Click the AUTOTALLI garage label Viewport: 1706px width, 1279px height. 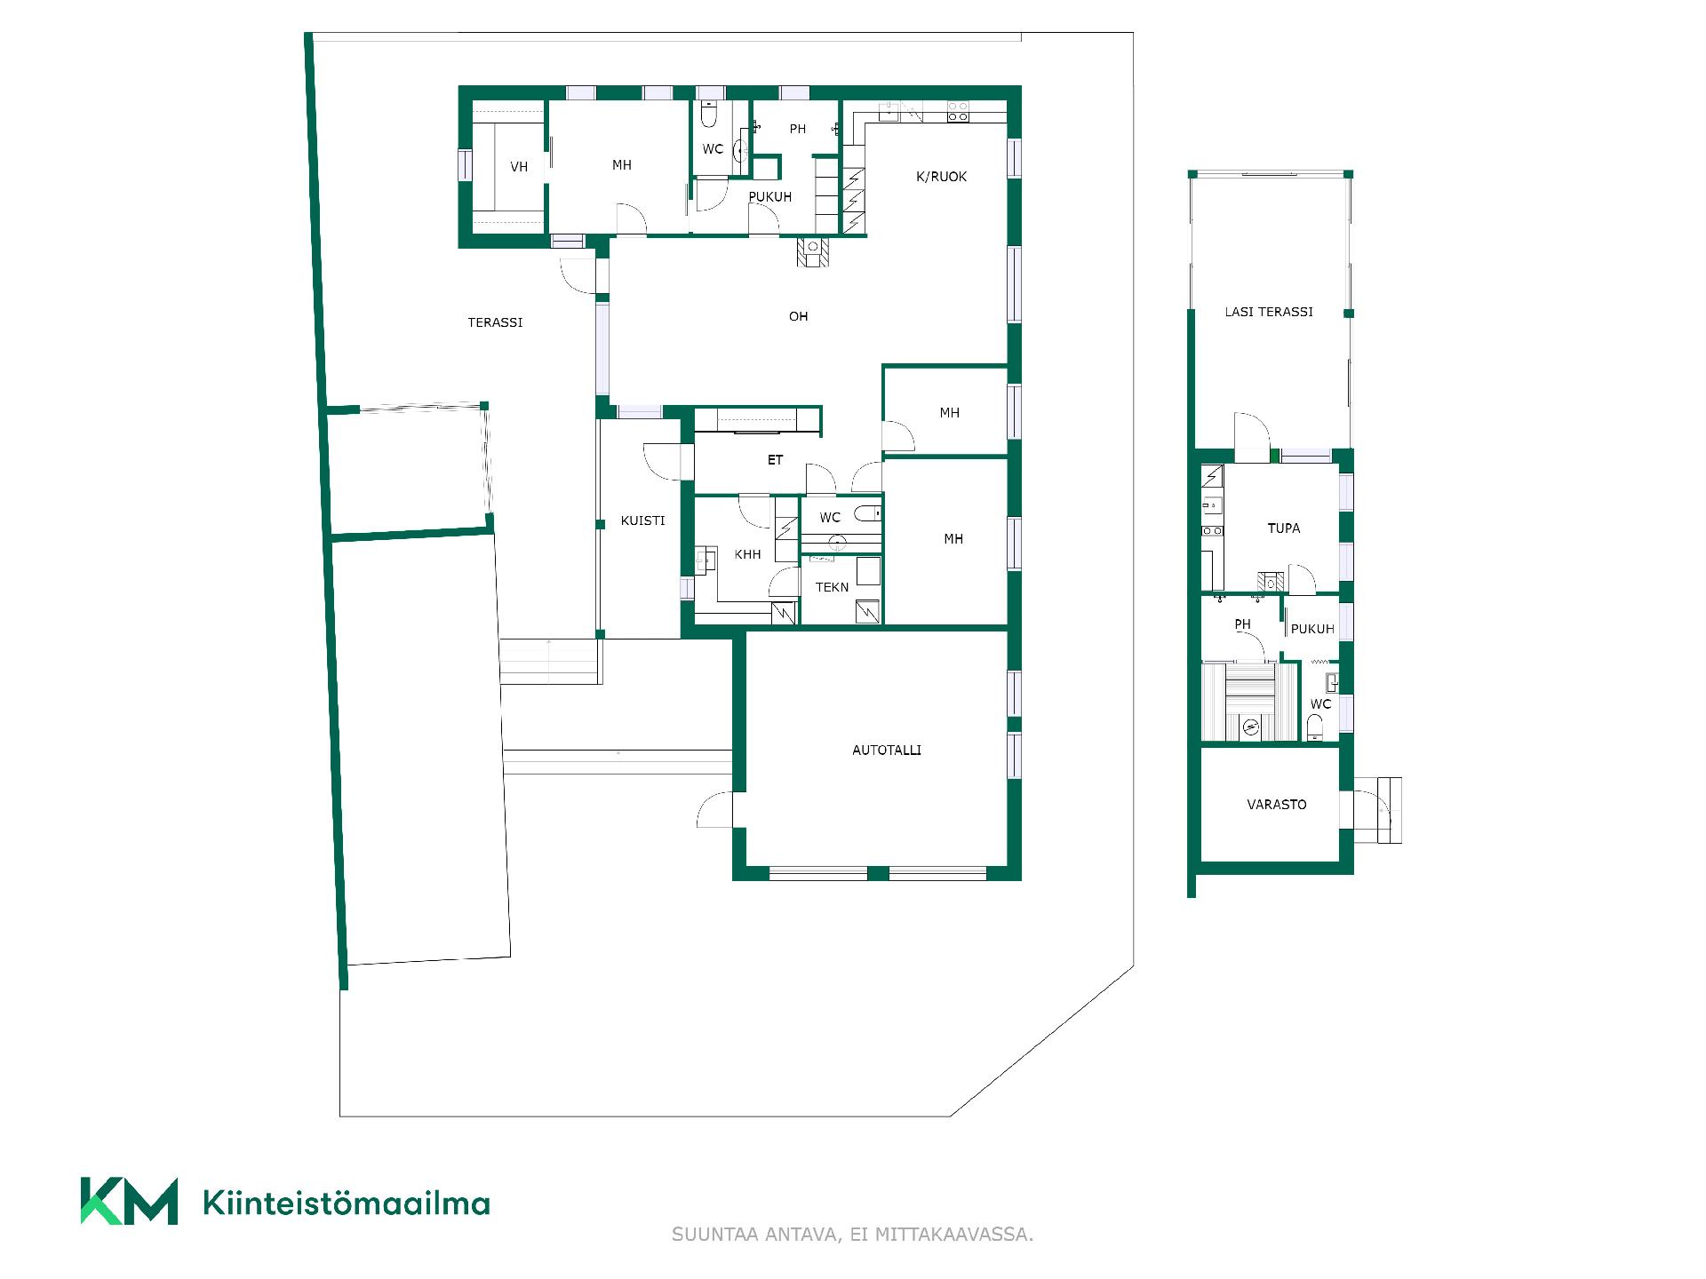pos(886,751)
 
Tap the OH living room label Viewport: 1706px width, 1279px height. pos(798,316)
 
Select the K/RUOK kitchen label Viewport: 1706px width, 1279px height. pos(941,177)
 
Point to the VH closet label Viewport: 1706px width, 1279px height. pos(519,167)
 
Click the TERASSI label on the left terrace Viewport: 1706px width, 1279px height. pos(495,322)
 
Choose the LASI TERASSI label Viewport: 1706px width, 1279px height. pos(1268,312)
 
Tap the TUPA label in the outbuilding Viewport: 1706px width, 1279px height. pos(1283,528)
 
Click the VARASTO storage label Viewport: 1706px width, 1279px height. pos(1276,805)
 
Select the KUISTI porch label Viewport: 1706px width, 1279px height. pos(642,520)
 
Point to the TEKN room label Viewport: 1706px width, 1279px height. pos(832,587)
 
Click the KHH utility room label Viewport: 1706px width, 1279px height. pos(747,554)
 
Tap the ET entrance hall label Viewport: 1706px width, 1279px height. pos(775,460)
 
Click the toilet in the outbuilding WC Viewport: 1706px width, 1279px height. pos(1315,730)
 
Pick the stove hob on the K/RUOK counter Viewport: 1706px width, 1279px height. pos(957,112)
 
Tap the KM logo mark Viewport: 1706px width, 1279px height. pos(129,1201)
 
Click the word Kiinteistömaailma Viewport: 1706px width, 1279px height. pos(347,1204)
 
